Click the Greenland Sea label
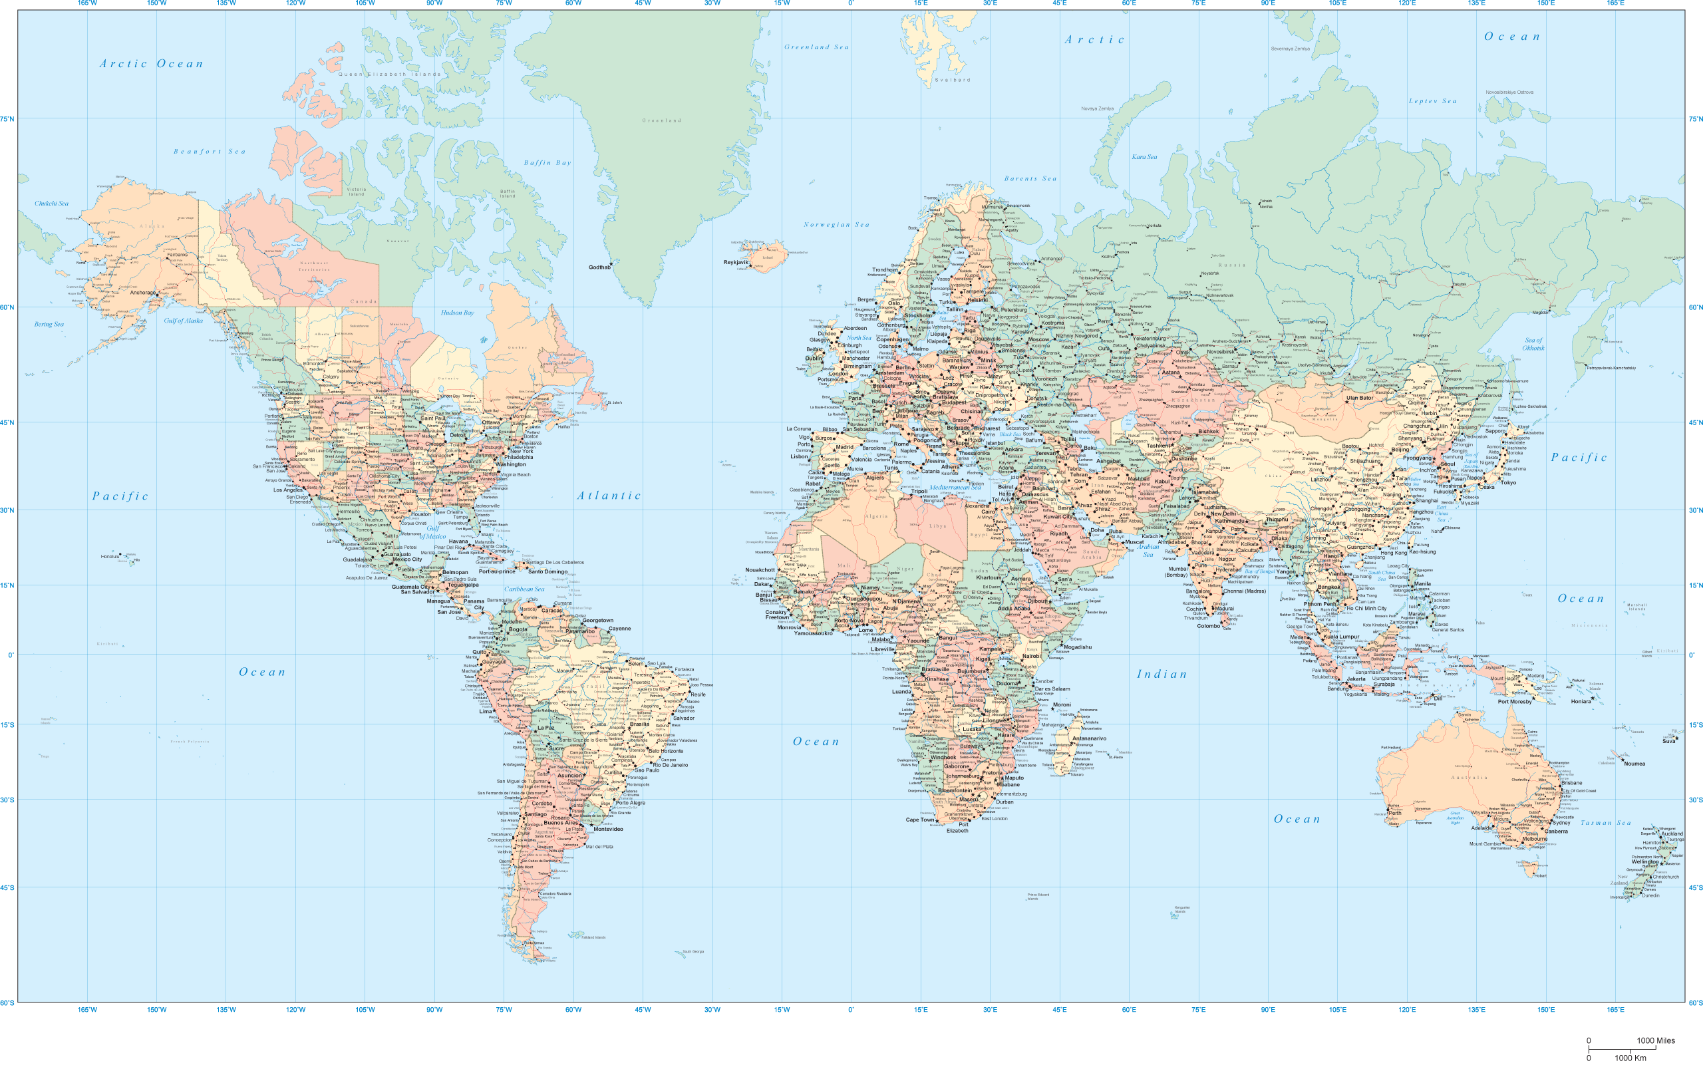click(x=816, y=47)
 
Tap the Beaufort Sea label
click(x=210, y=152)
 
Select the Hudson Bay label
click(x=457, y=313)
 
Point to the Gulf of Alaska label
click(x=183, y=321)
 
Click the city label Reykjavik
click(x=736, y=262)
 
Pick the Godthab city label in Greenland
click(x=599, y=267)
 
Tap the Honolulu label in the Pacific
click(x=110, y=557)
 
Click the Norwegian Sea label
click(x=837, y=225)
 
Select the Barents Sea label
click(x=1030, y=179)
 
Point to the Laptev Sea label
click(x=1432, y=101)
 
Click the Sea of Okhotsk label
click(x=1533, y=344)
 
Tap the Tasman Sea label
click(x=1606, y=823)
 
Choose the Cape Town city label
click(x=919, y=819)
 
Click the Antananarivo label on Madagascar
click(x=1089, y=738)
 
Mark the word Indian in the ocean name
click(x=1162, y=674)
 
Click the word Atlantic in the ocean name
click(x=609, y=496)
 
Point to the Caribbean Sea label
click(x=524, y=589)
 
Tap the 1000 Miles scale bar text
click(x=1655, y=1040)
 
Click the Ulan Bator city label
click(x=1359, y=398)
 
